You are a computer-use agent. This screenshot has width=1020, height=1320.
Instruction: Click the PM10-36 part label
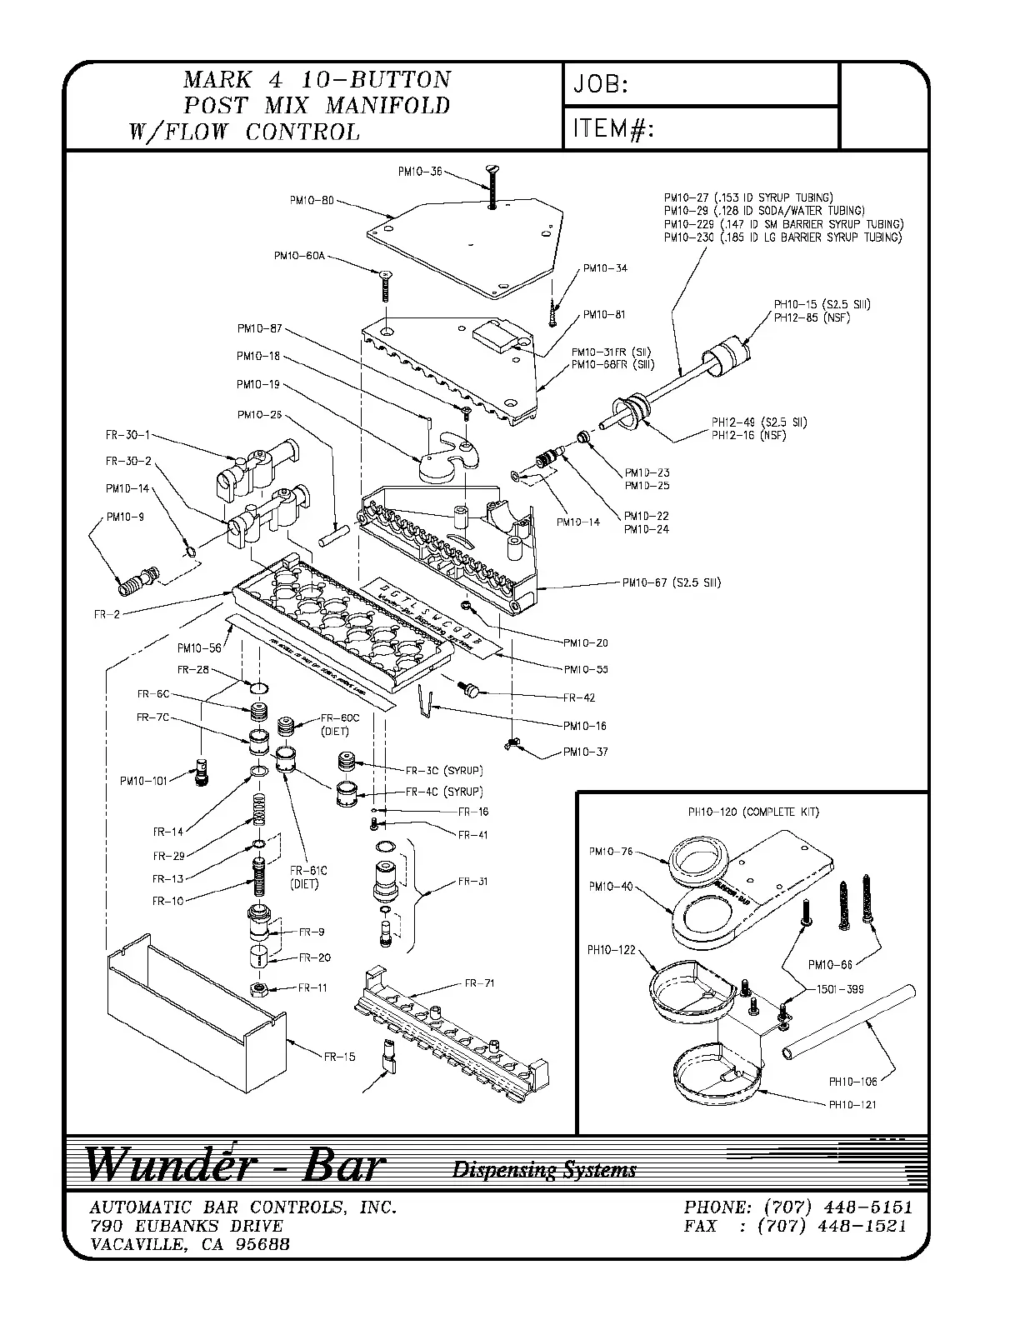click(419, 172)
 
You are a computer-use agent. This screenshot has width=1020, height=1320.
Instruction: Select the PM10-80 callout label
click(312, 200)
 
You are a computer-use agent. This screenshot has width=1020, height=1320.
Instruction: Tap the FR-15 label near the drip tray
click(339, 1057)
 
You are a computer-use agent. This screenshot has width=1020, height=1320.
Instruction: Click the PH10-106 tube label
click(852, 1082)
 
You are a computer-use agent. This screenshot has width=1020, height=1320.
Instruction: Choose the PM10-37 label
click(585, 752)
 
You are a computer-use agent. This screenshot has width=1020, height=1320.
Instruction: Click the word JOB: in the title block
click(600, 84)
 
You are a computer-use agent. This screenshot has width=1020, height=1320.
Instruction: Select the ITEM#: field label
click(612, 129)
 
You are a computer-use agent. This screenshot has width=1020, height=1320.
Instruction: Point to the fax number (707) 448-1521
click(834, 1226)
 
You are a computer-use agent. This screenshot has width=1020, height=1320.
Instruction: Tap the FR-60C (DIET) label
click(339, 724)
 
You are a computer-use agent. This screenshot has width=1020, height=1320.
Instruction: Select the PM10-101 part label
click(143, 781)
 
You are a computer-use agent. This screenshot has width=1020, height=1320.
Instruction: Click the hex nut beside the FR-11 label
click(260, 988)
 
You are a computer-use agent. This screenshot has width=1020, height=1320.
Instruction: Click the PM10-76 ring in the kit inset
click(699, 863)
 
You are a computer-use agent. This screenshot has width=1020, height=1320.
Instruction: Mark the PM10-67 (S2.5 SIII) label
click(671, 582)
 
